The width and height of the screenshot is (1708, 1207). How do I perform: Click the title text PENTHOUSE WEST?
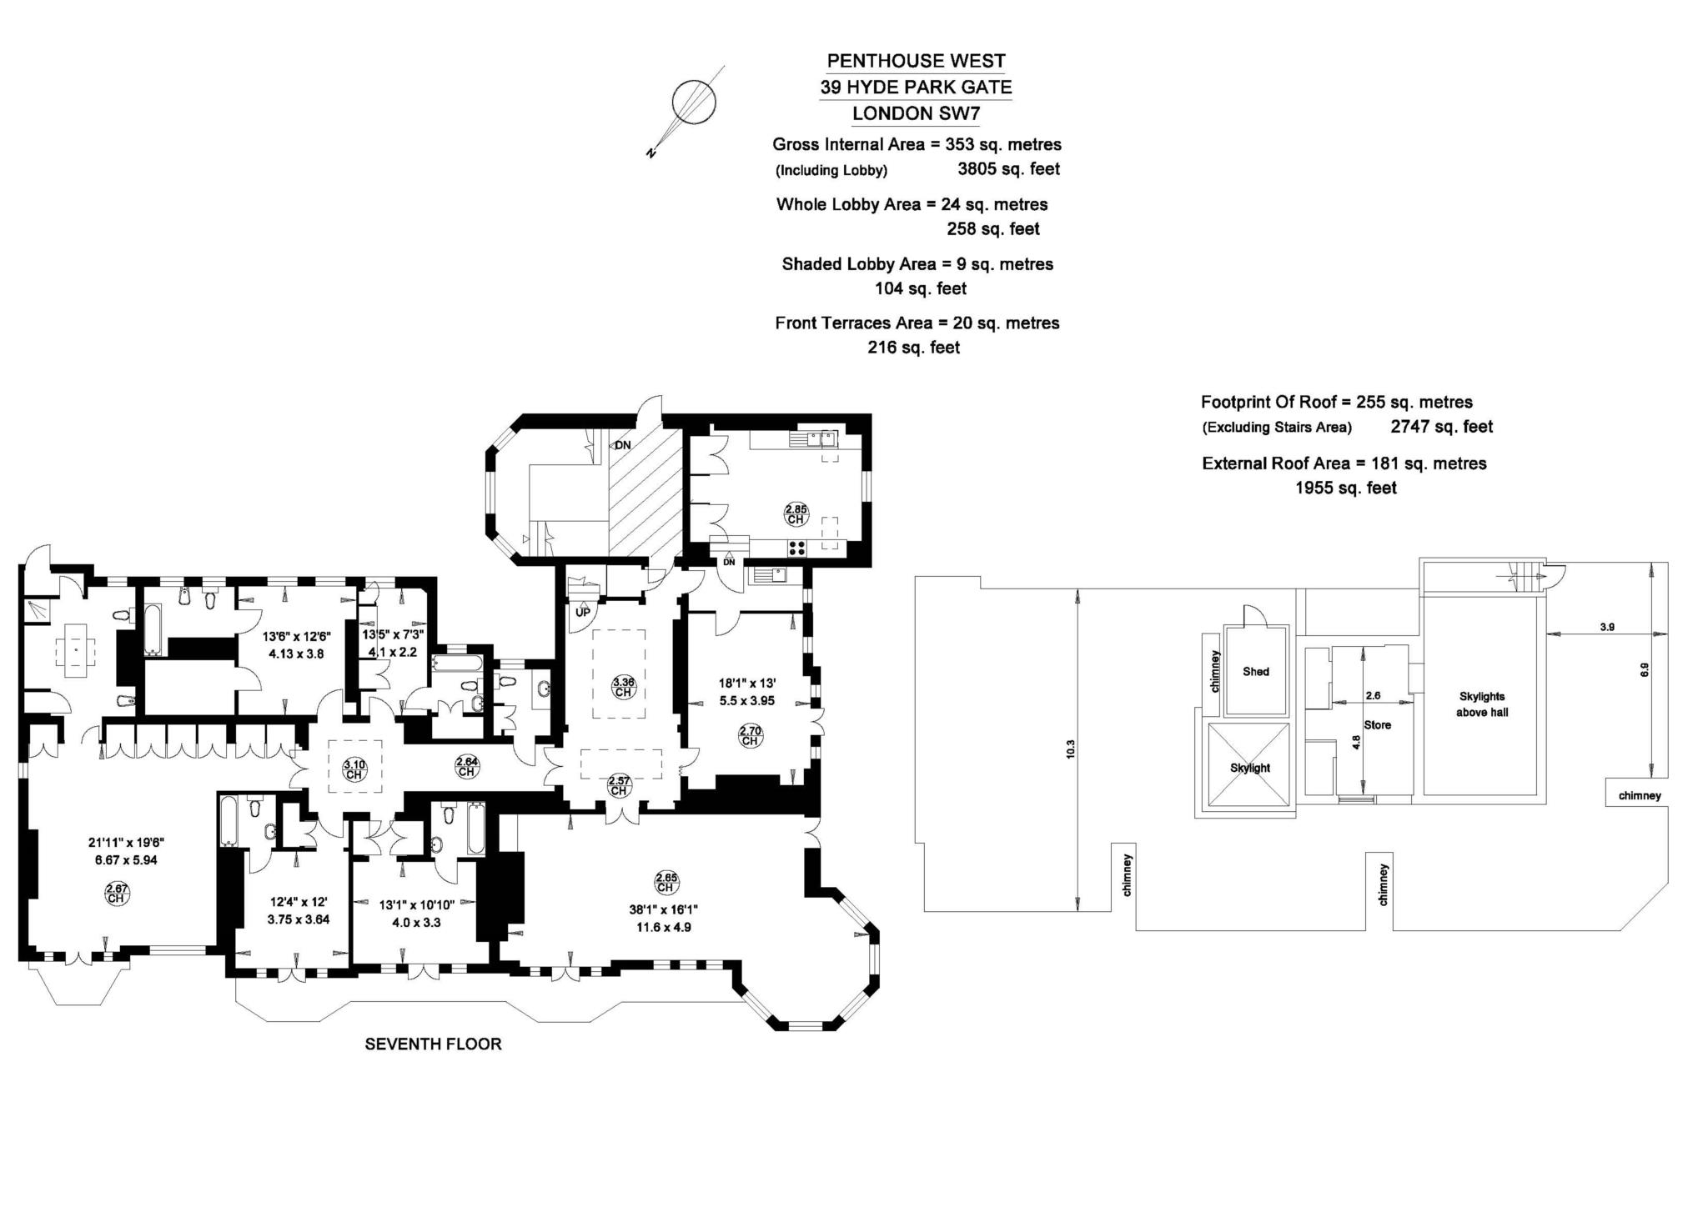(916, 61)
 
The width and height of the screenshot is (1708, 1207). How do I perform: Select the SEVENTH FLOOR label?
(433, 1044)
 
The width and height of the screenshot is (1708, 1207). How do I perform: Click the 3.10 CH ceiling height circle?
(354, 769)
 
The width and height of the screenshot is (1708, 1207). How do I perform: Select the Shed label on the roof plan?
(1255, 671)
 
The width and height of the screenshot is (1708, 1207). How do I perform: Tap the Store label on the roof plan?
(1377, 724)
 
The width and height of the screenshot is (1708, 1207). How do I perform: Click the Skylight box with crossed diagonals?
(1248, 767)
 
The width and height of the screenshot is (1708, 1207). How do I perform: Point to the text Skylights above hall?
(1482, 704)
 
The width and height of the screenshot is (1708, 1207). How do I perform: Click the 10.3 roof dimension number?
(1071, 749)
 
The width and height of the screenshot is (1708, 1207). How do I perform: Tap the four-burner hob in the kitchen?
(796, 548)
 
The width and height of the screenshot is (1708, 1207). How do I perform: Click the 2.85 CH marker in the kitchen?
(796, 513)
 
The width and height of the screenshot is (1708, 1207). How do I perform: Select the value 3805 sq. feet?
(1008, 169)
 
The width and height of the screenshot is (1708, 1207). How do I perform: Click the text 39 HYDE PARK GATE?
(916, 87)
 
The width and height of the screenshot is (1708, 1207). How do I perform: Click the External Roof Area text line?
(1344, 463)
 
